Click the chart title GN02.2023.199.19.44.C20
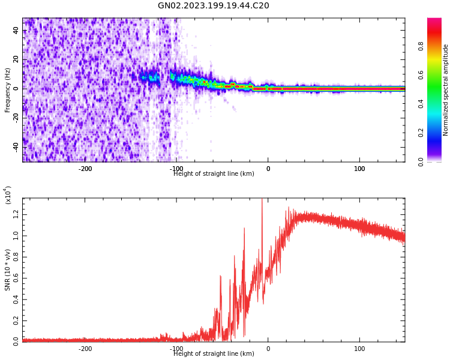213,6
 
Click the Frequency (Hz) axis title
8,90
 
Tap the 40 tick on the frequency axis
16,31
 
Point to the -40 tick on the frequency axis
16,146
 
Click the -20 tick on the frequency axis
16,117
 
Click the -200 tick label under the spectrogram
85,169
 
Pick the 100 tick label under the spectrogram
359,169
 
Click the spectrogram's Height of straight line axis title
214,174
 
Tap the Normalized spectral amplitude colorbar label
446,90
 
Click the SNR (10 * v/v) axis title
8,270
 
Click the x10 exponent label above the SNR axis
8,196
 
